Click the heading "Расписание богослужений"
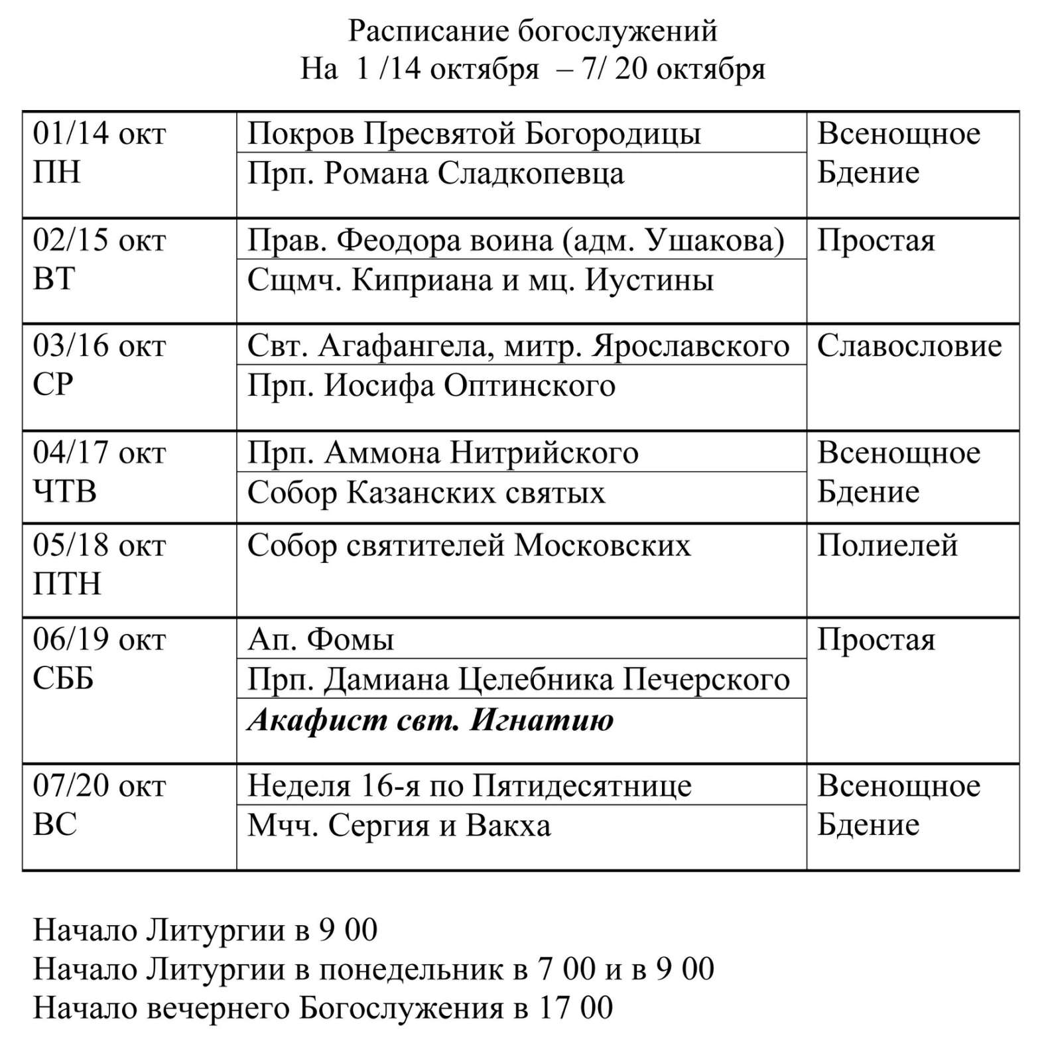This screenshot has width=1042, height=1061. pyautogui.click(x=533, y=31)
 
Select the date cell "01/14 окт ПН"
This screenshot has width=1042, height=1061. pyautogui.click(x=99, y=153)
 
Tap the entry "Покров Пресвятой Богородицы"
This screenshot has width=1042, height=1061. pyautogui.click(x=474, y=133)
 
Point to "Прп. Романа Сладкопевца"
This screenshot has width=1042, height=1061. pyautogui.click(x=435, y=174)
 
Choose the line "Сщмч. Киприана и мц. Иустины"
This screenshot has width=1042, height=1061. pyautogui.click(x=480, y=280)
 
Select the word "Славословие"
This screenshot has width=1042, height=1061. pyautogui.click(x=909, y=346)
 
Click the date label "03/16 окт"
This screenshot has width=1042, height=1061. pyautogui.click(x=99, y=346)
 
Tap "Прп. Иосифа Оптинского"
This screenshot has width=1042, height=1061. pyautogui.click(x=431, y=386)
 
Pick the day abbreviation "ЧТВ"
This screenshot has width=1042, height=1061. pyautogui.click(x=65, y=492)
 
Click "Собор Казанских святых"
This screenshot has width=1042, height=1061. pyautogui.click(x=426, y=493)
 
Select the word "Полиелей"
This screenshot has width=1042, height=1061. pyautogui.click(x=887, y=546)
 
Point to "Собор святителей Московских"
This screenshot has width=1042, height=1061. pyautogui.click(x=468, y=546)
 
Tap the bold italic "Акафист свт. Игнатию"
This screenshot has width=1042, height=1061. pyautogui.click(x=430, y=720)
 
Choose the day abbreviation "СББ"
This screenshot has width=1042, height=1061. pyautogui.click(x=63, y=678)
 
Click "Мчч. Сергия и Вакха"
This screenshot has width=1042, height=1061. pyautogui.click(x=399, y=826)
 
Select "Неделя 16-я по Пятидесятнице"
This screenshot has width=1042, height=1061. pyautogui.click(x=469, y=786)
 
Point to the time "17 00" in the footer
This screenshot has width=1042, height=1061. pyautogui.click(x=575, y=1008)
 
